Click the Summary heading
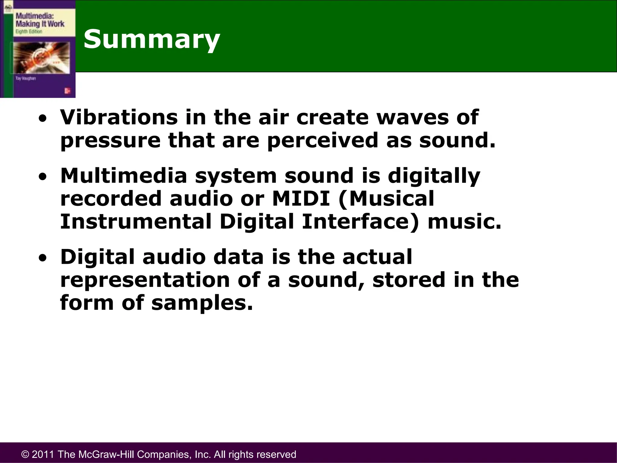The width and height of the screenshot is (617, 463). click(x=152, y=39)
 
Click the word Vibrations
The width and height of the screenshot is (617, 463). click(x=119, y=117)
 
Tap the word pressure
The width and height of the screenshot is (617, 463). click(x=110, y=141)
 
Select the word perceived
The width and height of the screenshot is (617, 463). click(x=322, y=141)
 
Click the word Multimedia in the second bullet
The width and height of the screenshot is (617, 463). click(x=124, y=176)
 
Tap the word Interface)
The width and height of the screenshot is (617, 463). click(x=360, y=222)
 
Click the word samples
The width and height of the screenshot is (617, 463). click(x=202, y=303)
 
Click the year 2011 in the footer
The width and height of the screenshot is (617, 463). click(x=43, y=454)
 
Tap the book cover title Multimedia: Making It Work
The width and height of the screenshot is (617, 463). click(x=40, y=20)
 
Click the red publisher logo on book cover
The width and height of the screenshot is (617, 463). click(x=67, y=91)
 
